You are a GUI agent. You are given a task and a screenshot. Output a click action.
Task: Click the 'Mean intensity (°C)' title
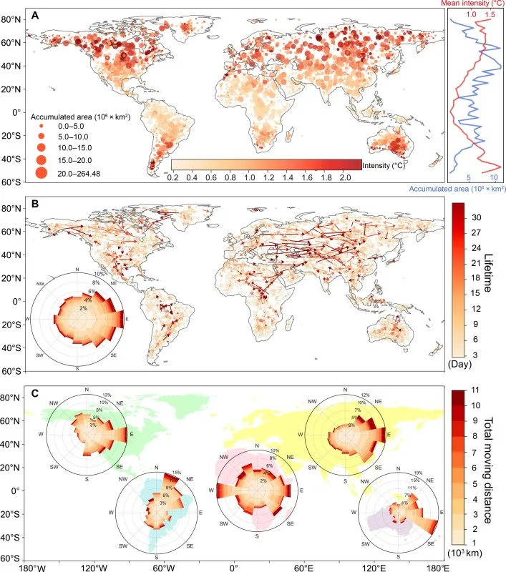click(474, 4)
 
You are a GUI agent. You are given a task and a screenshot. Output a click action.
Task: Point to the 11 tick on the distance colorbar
click(475, 392)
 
